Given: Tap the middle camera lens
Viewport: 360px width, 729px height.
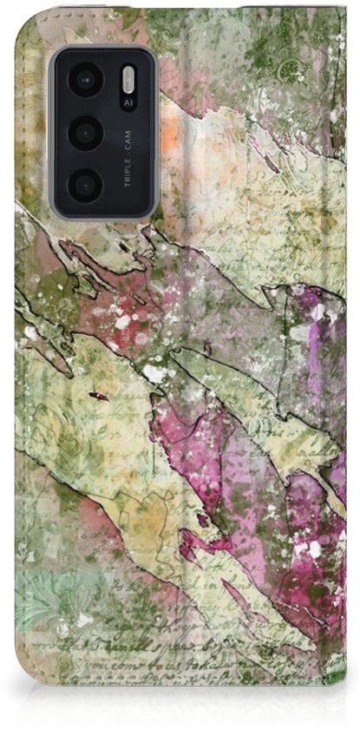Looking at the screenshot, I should (86, 134).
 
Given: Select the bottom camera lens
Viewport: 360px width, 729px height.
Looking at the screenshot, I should (86, 185).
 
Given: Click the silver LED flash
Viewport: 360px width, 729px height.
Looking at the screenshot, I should (128, 82).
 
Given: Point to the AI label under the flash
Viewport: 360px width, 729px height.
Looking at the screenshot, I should (128, 103).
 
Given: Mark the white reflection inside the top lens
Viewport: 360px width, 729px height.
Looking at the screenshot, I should (82, 76).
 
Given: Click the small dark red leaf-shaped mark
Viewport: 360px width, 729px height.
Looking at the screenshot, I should (99, 396).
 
